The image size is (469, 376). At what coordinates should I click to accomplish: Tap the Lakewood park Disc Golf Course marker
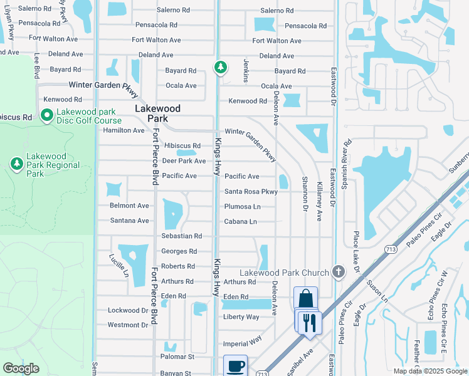tap(46, 115)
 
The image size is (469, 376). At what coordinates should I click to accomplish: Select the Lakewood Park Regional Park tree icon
tap(17, 164)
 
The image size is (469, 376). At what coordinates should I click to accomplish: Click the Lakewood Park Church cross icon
tap(339, 271)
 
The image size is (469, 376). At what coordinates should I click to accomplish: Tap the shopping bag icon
tap(305, 298)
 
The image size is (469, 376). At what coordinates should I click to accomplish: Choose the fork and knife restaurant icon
tap(309, 322)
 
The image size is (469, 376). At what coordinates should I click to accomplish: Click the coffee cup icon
tap(236, 366)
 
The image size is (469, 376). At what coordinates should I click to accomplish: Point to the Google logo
tap(21, 368)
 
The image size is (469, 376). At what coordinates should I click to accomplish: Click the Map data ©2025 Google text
tap(431, 371)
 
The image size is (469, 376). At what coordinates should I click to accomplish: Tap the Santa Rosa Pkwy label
tap(251, 192)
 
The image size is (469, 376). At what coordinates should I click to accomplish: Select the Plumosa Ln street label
tap(243, 206)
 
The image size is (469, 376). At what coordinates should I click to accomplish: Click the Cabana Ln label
tap(241, 221)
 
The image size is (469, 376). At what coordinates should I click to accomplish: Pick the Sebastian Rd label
tap(181, 236)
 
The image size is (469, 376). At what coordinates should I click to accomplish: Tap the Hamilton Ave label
tap(124, 130)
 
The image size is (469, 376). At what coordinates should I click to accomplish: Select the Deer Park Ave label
tap(184, 161)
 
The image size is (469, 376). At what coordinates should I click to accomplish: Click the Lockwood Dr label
tap(127, 310)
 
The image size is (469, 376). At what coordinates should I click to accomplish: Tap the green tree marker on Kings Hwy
tap(221, 66)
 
